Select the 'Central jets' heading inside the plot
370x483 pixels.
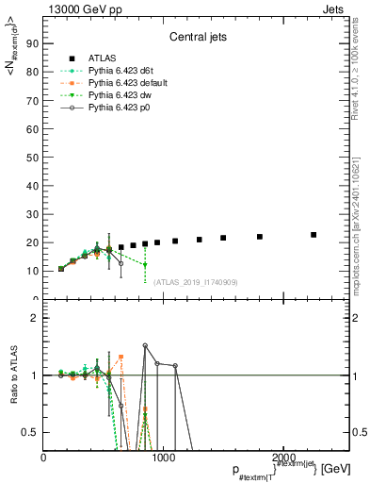[196, 39]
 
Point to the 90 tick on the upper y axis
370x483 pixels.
[34, 42]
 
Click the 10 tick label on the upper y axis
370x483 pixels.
[34, 271]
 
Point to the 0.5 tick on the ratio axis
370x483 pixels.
[31, 432]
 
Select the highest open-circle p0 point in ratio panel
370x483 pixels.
[145, 346]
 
